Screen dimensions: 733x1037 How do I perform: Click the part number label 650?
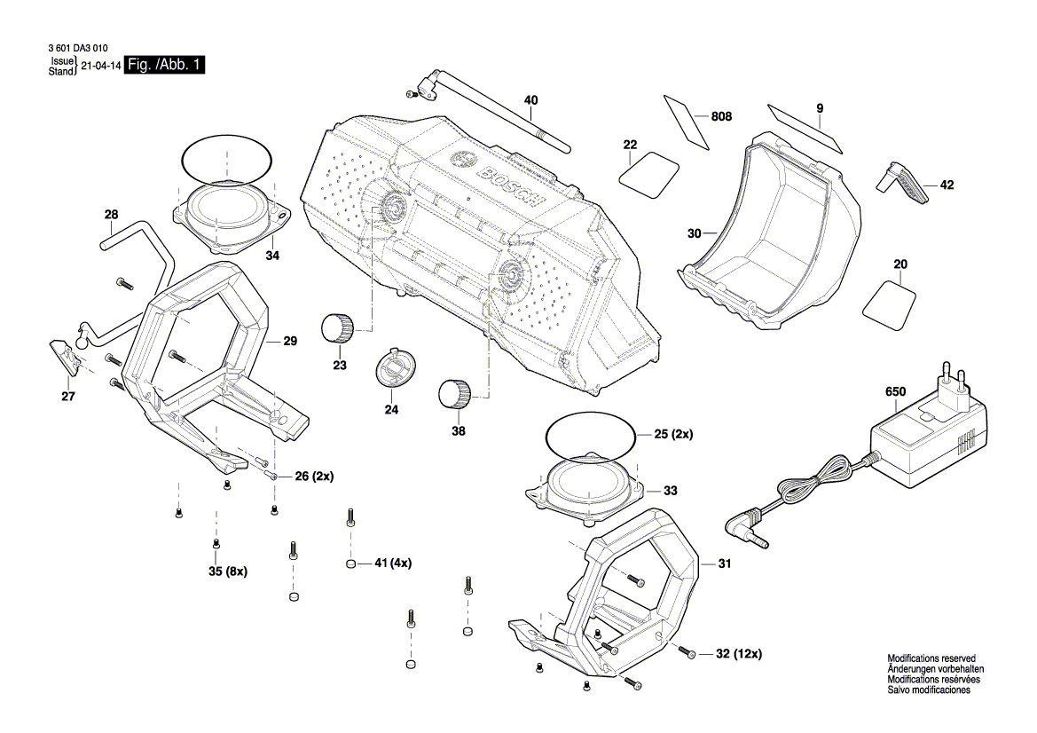[x=895, y=390]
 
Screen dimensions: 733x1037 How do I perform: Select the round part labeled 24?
[x=395, y=367]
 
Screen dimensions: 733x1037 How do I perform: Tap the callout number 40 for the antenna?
[x=530, y=100]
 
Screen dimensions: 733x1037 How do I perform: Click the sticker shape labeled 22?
[x=649, y=173]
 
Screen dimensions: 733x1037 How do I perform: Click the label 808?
[x=721, y=116]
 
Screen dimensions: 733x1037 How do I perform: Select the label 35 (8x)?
[x=227, y=571]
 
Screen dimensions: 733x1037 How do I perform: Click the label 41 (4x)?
[x=393, y=563]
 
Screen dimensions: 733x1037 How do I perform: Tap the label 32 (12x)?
[x=738, y=654]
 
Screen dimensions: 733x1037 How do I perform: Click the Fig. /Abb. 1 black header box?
[x=166, y=66]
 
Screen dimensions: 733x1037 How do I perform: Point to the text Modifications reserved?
[x=931, y=658]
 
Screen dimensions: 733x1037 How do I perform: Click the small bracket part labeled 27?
[x=67, y=358]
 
